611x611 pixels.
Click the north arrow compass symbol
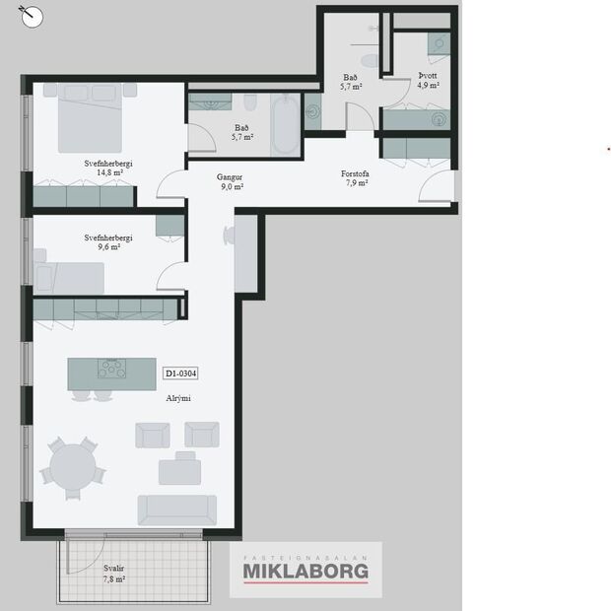[x=33, y=15]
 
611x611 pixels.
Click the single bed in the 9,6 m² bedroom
[x=69, y=277]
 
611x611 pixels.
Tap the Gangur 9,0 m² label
[x=231, y=181]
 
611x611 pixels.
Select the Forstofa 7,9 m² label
[x=356, y=178]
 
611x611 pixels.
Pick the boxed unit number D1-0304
[x=181, y=373]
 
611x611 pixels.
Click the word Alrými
[x=178, y=398]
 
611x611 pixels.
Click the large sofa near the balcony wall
[x=176, y=509]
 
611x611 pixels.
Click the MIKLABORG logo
[x=305, y=571]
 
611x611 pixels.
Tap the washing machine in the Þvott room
[x=438, y=119]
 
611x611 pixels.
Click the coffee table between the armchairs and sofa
[x=179, y=471]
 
